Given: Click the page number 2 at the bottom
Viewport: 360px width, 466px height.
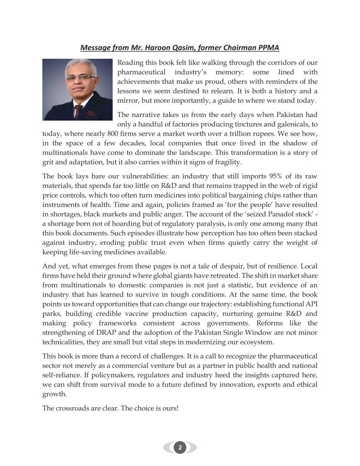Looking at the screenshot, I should coord(180,448).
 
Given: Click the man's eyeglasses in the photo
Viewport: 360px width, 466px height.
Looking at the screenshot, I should coord(80,78).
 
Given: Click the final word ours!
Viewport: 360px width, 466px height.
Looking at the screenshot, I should coord(169,408).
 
